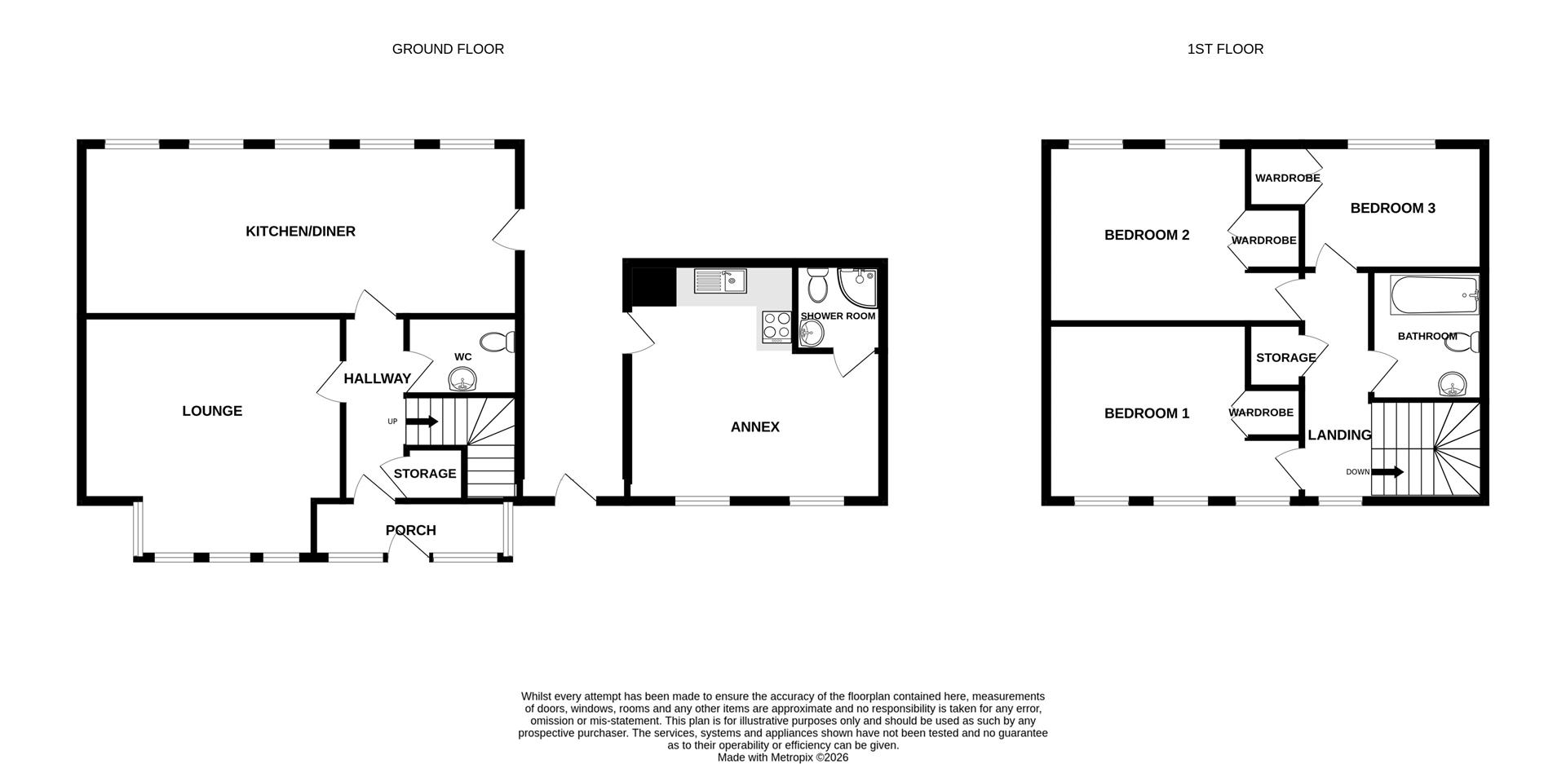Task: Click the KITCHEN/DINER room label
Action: tap(300, 232)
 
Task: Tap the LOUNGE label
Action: tap(212, 411)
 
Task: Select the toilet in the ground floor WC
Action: tap(497, 342)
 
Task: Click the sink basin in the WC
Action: tap(463, 380)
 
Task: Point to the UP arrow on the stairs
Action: tap(422, 422)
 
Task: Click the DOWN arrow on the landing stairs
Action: tap(1387, 472)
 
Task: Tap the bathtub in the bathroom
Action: tap(1434, 295)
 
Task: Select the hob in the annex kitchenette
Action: tap(776, 326)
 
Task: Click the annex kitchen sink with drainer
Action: tap(720, 281)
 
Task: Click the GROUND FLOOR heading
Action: tap(448, 49)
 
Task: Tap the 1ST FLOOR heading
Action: tap(1225, 49)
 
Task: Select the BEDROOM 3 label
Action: tap(1392, 208)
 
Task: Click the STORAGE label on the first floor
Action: tap(1285, 357)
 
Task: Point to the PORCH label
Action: tap(410, 530)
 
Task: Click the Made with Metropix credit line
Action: tap(782, 757)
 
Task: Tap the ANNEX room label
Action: tap(754, 427)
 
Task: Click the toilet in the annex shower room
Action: tap(816, 285)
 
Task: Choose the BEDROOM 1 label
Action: tap(1146, 413)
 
